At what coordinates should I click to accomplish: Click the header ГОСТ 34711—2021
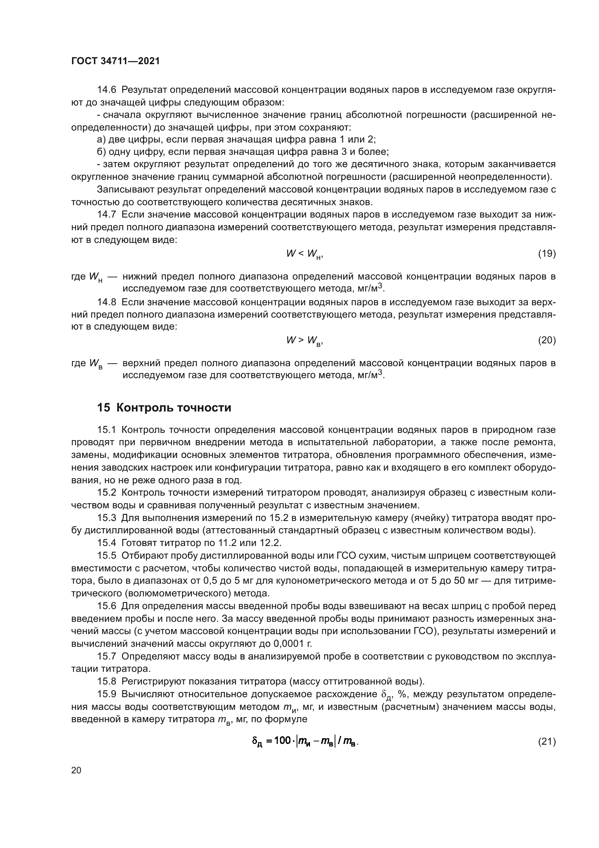tap(116, 61)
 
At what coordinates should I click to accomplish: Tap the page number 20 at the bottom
tap(76, 770)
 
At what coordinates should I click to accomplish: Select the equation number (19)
tap(546, 253)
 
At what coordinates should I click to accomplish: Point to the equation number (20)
tap(546, 340)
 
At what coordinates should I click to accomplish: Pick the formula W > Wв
tap(305, 340)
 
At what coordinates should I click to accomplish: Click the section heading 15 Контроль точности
tap(164, 408)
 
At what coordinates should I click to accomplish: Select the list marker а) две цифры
tap(101, 140)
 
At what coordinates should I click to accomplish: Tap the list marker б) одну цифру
tap(101, 152)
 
